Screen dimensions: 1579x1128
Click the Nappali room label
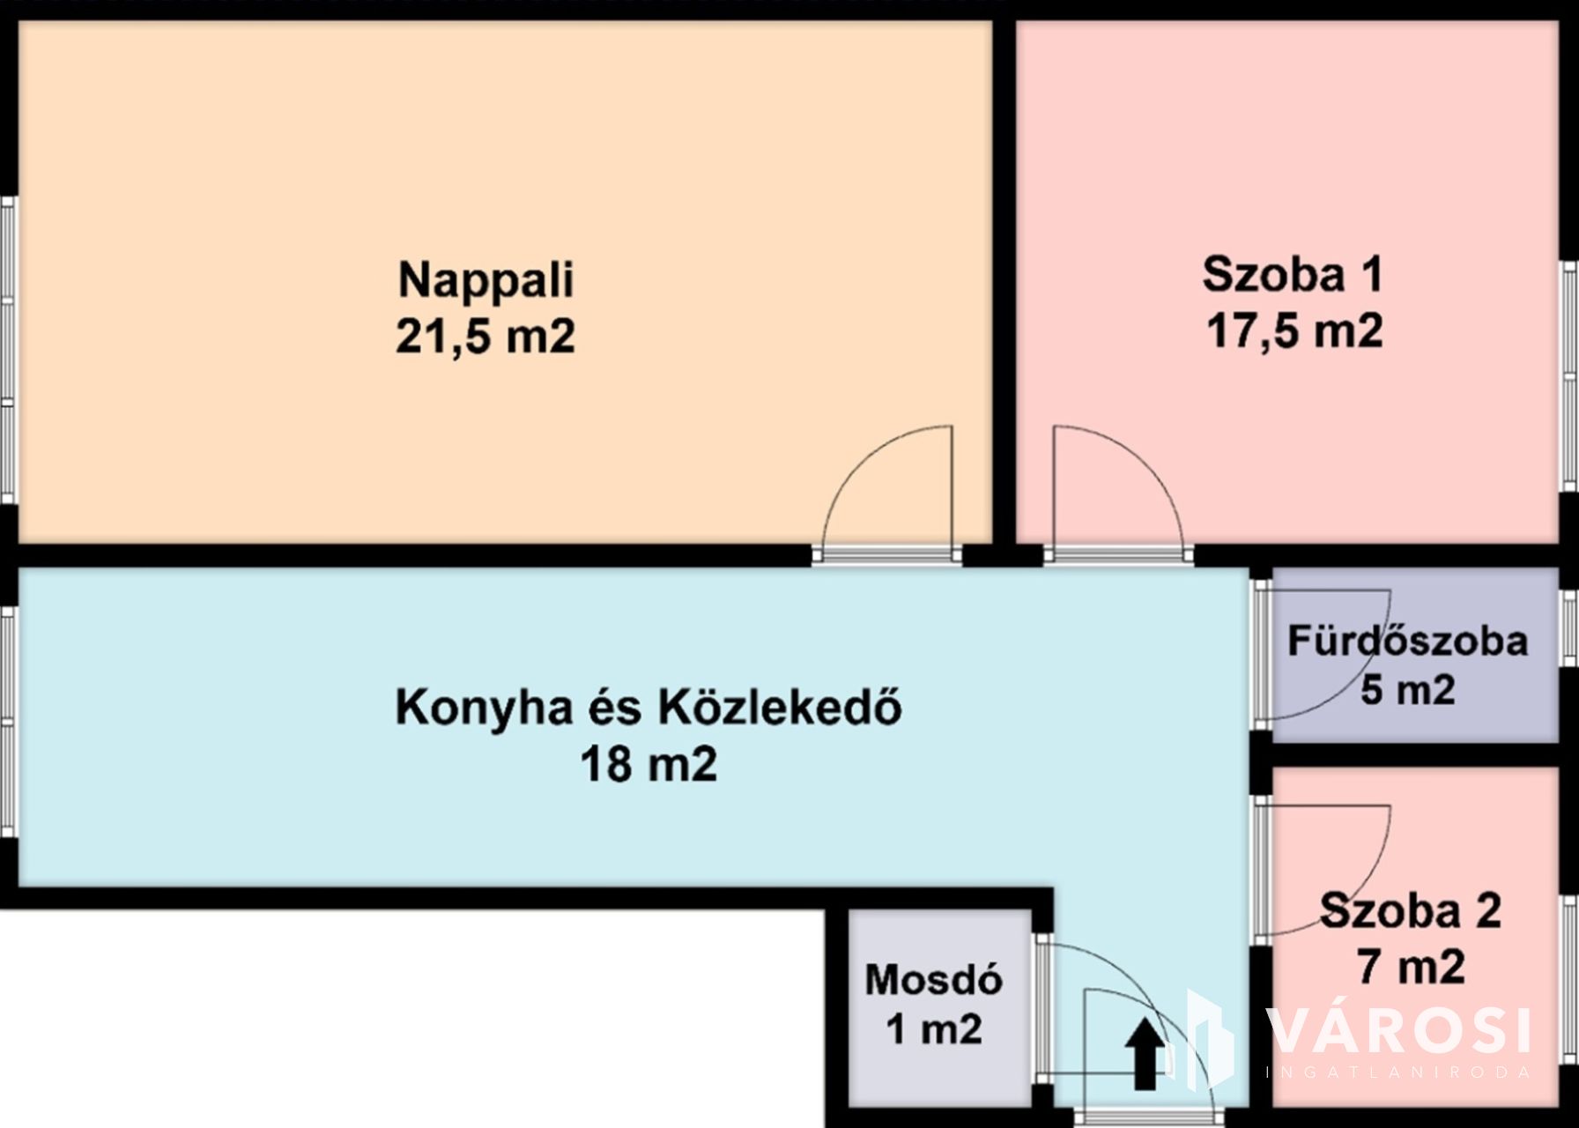click(486, 280)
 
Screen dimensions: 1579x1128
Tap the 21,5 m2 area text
click(486, 337)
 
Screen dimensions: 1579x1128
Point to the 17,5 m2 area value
click(1294, 331)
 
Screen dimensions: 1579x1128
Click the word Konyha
click(484, 708)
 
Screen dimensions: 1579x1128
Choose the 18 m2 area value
click(649, 764)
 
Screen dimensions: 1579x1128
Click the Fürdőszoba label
click(1407, 641)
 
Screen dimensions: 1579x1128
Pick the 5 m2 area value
click(1407, 689)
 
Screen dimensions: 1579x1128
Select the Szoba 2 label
click(1411, 910)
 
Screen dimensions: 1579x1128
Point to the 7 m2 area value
click(1411, 967)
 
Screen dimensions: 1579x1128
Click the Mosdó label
click(934, 980)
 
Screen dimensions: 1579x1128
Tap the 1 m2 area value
click(934, 1028)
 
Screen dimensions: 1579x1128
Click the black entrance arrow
click(1144, 1053)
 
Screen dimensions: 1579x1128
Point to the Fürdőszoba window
click(1569, 627)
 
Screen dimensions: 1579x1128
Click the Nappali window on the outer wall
click(8, 350)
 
